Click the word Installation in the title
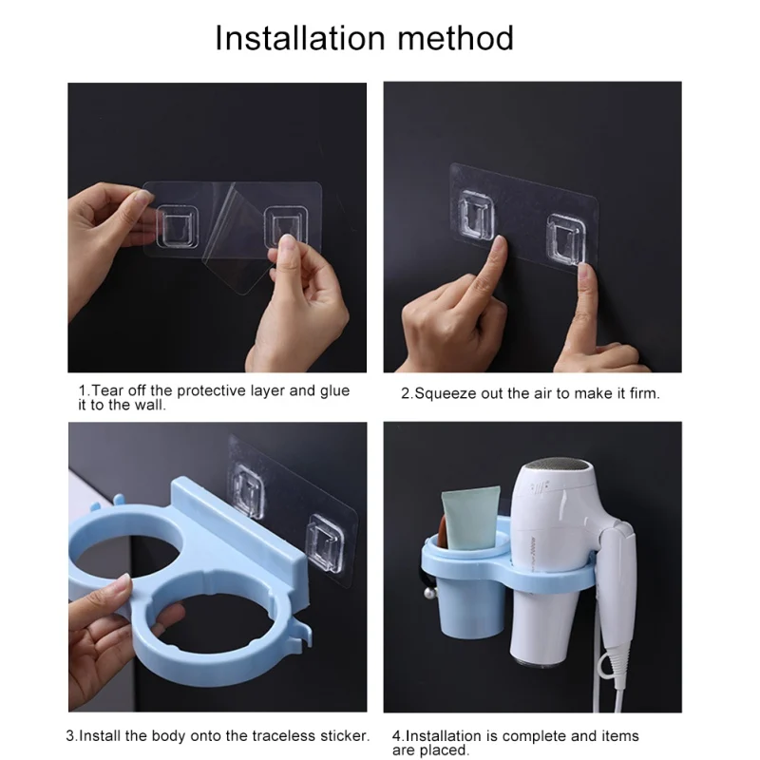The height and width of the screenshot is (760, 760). (300, 38)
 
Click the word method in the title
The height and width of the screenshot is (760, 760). (456, 38)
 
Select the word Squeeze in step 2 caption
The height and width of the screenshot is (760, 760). (446, 393)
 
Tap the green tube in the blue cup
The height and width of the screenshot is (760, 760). (470, 518)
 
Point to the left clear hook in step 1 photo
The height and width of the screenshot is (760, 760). (177, 226)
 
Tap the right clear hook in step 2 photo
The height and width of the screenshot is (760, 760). (566, 239)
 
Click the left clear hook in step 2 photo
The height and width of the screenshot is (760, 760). (477, 215)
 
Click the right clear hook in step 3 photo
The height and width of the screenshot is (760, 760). (327, 542)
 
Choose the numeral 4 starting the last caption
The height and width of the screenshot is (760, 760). (396, 736)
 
